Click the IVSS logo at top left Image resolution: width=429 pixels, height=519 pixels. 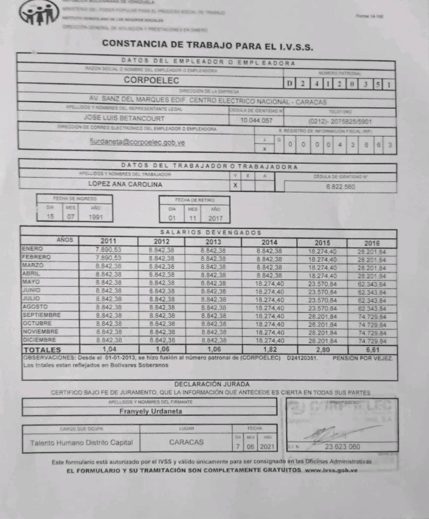click(x=39, y=13)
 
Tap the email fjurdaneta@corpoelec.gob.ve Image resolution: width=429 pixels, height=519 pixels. click(x=137, y=142)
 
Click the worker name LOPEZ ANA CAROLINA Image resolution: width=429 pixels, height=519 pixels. click(x=125, y=184)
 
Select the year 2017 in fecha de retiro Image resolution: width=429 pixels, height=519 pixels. click(x=214, y=217)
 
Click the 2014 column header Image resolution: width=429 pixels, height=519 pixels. click(x=270, y=242)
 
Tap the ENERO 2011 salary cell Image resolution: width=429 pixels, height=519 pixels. click(x=108, y=250)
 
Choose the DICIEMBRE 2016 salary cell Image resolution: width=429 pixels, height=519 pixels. click(x=372, y=342)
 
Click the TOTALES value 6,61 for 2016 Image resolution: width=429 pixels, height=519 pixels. click(x=372, y=349)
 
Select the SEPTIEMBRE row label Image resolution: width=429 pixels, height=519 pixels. click(x=41, y=315)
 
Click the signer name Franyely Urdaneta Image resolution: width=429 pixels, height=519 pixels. click(x=150, y=411)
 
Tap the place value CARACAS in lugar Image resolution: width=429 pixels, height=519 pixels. click(x=186, y=442)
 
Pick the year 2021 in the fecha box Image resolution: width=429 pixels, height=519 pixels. click(x=267, y=446)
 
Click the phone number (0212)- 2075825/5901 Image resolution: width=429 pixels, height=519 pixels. click(x=339, y=121)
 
